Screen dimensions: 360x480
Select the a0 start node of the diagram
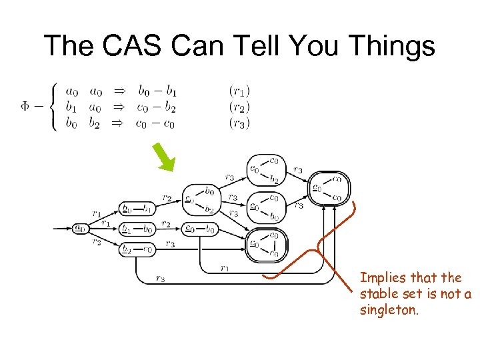80,228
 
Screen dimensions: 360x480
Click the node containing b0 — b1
137,209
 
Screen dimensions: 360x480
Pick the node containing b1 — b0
137,229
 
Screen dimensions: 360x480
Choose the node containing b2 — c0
137,249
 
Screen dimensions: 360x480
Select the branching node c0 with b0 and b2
200,200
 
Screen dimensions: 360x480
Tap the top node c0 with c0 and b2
265,169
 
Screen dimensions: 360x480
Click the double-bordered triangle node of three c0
265,244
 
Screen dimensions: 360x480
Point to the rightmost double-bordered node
330,188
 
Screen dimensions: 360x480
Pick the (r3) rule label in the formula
239,122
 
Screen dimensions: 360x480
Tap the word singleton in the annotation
389,309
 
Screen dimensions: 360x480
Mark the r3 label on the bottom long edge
159,279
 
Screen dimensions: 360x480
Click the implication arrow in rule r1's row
121,90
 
